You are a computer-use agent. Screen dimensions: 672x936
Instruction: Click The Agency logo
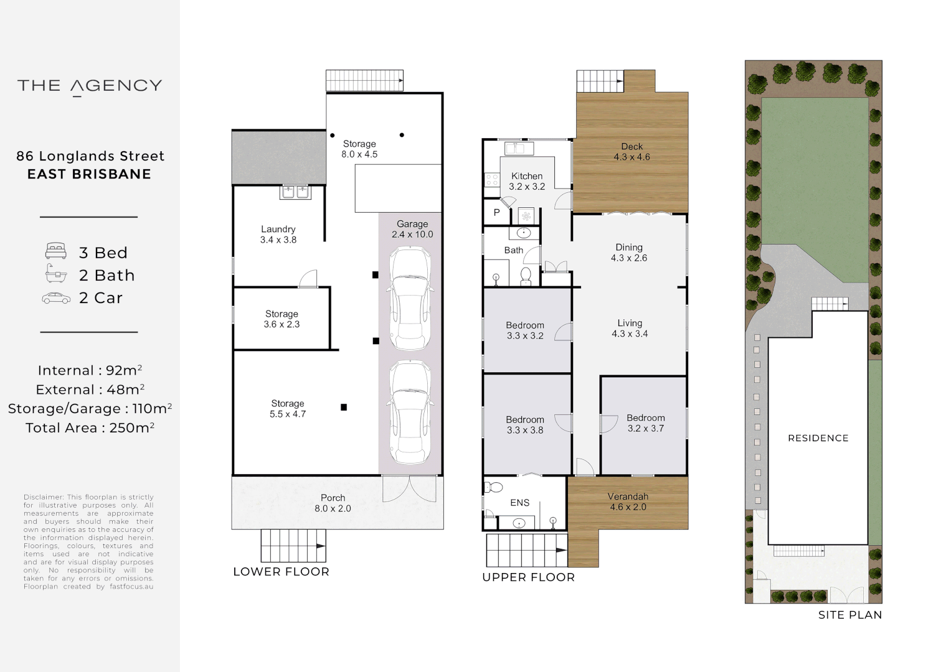90,86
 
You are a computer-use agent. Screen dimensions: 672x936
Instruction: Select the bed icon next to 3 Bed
56,252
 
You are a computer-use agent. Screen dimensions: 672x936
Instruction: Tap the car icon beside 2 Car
56,299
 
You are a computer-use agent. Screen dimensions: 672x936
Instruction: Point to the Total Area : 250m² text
90,428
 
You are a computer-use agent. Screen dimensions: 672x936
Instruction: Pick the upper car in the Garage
410,299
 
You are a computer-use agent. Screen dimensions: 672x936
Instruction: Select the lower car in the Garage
410,412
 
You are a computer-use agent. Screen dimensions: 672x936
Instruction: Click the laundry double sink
295,192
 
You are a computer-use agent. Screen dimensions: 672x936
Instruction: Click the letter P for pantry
497,213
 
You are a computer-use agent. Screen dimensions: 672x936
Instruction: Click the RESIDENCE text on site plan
818,438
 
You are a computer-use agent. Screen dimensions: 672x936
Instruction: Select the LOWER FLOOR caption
281,572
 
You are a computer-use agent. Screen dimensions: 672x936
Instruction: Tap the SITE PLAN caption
849,615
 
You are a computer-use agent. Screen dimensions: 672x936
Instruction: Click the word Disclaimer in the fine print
43,497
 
